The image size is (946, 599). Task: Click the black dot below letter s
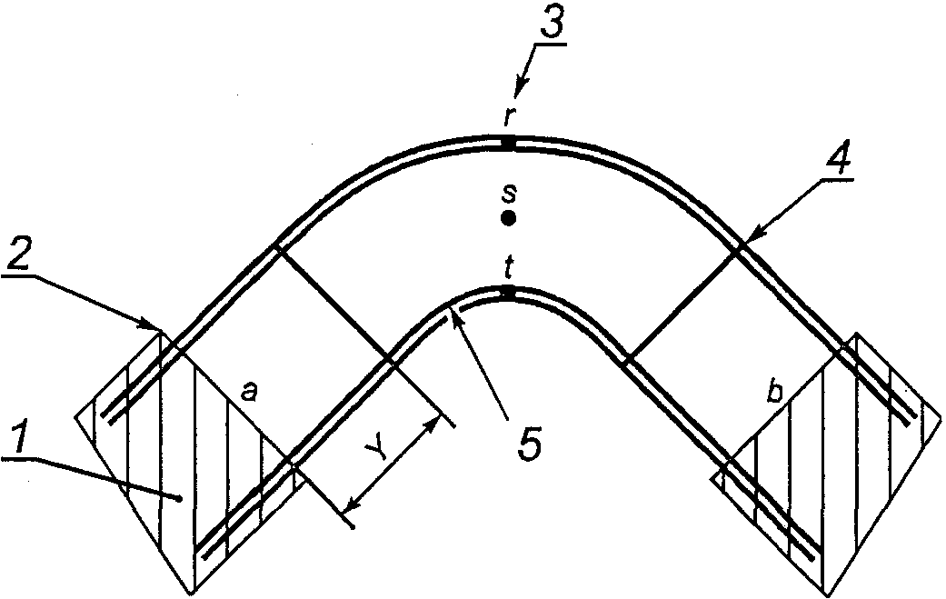click(x=509, y=218)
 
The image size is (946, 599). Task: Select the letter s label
click(x=509, y=193)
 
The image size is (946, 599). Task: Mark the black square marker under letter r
click(x=509, y=144)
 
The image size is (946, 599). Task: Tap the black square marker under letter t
click(x=509, y=292)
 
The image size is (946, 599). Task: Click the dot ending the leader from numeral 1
click(x=182, y=498)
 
